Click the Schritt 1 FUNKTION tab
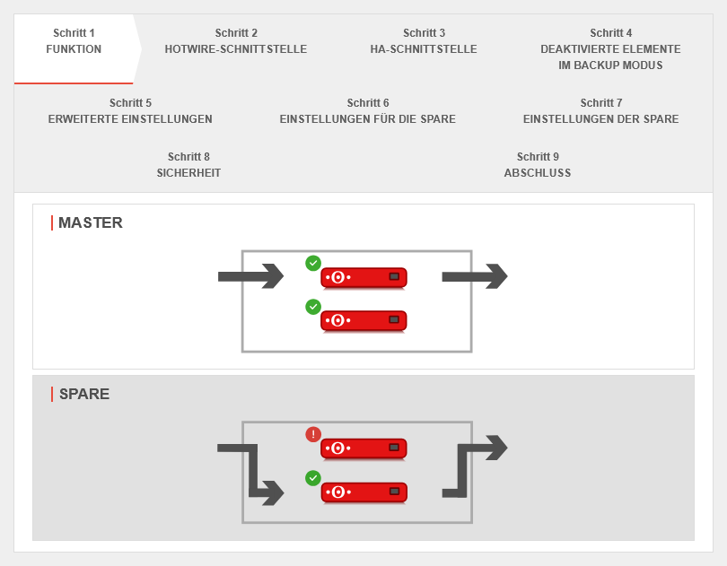[x=74, y=41]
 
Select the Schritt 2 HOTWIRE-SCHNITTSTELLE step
[x=236, y=41]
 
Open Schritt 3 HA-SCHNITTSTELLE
[x=424, y=41]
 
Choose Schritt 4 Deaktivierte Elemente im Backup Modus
[x=610, y=49]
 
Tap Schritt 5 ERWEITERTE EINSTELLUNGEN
[x=130, y=111]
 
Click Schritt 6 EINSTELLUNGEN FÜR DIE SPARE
[x=367, y=111]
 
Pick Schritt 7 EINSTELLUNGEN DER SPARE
[x=600, y=111]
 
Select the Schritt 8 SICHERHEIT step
[x=188, y=165]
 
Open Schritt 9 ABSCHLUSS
[x=537, y=165]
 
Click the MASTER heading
[x=90, y=222]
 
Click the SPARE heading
[x=83, y=394]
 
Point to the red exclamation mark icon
[x=313, y=434]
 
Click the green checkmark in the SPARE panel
[x=313, y=478]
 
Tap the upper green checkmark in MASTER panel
[x=313, y=263]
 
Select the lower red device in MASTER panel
[x=363, y=320]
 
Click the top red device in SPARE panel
[x=363, y=448]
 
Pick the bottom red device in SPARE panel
[x=363, y=492]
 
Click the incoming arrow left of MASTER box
[x=250, y=276]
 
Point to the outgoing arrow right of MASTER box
[x=474, y=276]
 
